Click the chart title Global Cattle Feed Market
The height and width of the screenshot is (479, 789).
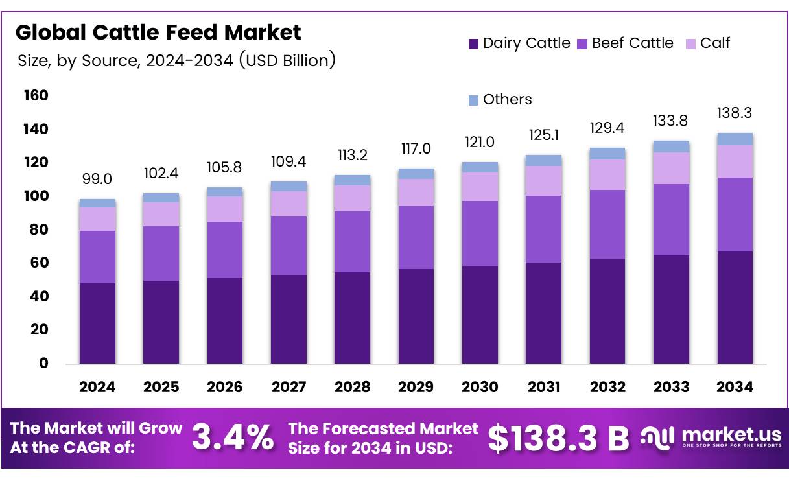coord(158,32)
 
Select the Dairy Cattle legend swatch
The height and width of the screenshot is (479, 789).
coord(473,44)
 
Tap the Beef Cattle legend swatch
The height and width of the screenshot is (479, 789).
coord(582,44)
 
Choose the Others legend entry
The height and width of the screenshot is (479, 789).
coord(499,99)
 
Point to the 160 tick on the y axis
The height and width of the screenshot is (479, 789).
coord(36,96)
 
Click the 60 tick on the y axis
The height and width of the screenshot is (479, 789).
coord(39,263)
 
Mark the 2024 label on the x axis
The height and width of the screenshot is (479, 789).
coord(97,387)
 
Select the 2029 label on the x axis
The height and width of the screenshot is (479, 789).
coord(416,387)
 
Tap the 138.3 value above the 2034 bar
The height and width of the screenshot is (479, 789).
coord(735,113)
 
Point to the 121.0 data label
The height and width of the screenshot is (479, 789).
coord(480,142)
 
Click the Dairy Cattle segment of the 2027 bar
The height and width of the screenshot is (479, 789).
coord(289,319)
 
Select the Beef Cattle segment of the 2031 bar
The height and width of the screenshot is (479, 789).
coord(543,229)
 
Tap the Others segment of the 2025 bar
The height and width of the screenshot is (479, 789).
coord(161,198)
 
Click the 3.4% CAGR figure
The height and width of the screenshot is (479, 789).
coord(232,439)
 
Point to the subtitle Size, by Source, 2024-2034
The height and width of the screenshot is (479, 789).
coord(176,61)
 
